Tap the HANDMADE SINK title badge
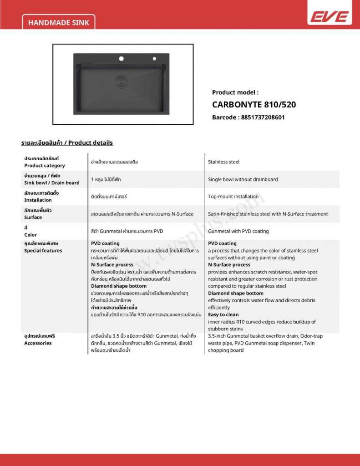59,22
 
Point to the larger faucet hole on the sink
122,58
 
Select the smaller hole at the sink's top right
154,58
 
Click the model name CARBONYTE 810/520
254,104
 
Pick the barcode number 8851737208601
248,117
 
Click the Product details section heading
67,142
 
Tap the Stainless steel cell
223,162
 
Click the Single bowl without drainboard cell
243,179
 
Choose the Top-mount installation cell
233,197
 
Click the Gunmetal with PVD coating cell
238,231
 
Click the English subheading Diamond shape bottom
235,294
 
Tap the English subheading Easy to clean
223,314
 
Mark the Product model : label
235,92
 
